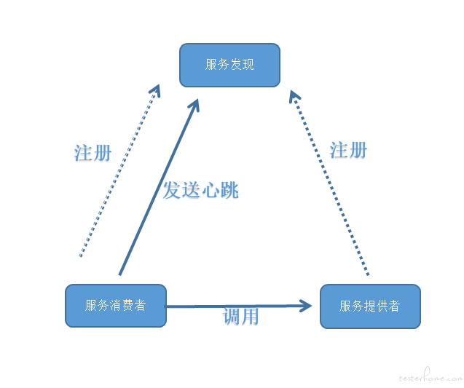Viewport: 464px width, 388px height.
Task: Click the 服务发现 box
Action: [229, 65]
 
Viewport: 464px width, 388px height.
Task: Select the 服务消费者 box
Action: [116, 305]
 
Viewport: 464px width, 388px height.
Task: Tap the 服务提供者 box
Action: [370, 306]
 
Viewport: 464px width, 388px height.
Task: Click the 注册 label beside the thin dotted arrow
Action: [93, 153]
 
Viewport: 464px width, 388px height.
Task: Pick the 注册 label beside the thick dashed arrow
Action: [348, 150]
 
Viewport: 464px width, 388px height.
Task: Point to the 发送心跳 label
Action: [200, 191]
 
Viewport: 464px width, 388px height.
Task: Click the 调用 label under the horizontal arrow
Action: [241, 317]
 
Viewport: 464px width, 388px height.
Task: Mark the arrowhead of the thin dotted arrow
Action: [155, 91]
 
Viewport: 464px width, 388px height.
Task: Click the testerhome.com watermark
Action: [430, 379]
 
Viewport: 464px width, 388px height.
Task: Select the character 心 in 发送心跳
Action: [210, 191]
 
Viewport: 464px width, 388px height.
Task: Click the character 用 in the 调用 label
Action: [250, 317]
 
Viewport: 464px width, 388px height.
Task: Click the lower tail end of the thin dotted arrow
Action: [80, 256]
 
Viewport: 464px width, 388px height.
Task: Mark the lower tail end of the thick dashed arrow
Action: [368, 274]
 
